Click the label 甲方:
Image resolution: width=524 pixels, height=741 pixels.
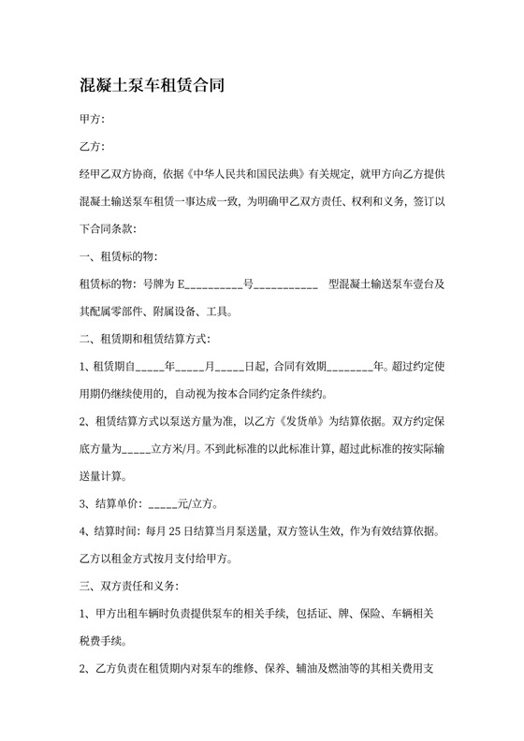[x=94, y=119]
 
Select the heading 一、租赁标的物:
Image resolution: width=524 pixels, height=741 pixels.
[x=120, y=255]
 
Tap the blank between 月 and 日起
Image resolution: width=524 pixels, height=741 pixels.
[x=231, y=366]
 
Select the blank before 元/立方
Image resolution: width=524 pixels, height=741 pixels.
[x=163, y=503]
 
